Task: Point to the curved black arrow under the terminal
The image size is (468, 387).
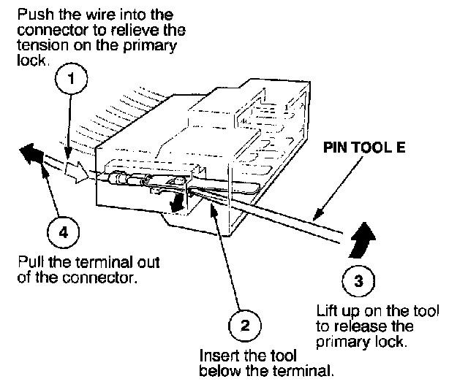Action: click(176, 202)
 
